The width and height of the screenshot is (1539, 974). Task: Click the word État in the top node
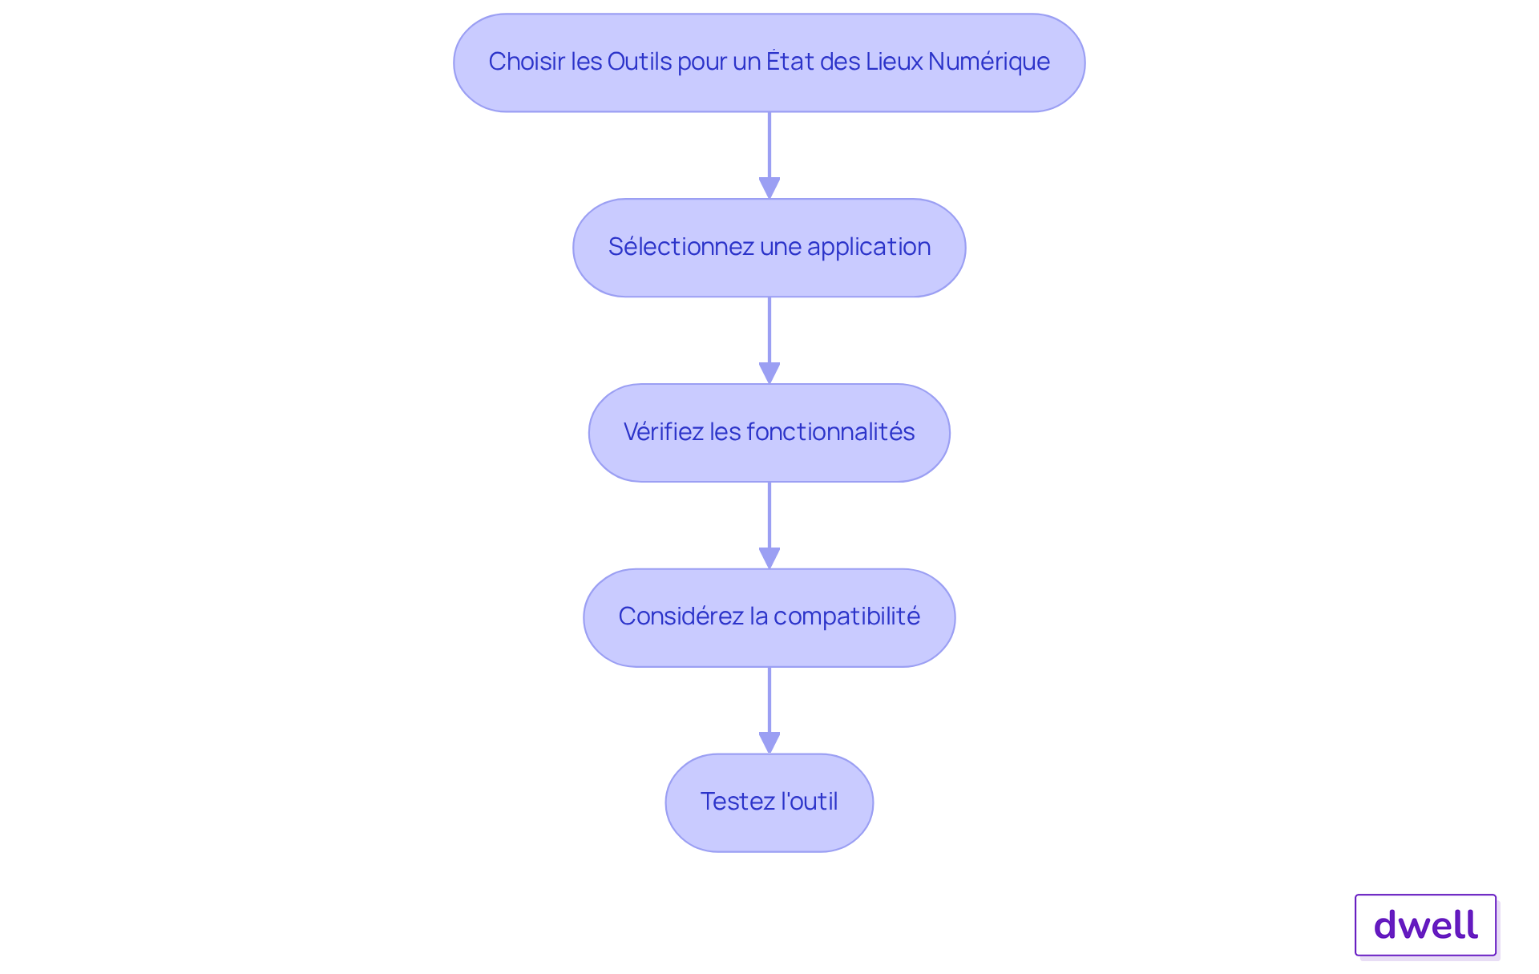(x=790, y=61)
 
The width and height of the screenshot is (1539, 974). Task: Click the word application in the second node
(x=869, y=247)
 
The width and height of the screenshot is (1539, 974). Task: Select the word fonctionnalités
(x=830, y=431)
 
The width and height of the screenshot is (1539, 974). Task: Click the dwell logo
(x=1425, y=925)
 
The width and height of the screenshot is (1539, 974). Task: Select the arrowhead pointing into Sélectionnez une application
(x=769, y=188)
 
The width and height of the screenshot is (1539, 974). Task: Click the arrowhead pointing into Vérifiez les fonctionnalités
(x=769, y=373)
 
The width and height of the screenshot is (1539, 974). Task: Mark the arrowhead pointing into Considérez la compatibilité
(x=769, y=558)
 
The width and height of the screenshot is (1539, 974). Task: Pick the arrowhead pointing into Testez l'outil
(x=769, y=742)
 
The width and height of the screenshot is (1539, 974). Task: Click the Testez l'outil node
(x=769, y=802)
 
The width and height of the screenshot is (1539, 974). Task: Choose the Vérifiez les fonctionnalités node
(x=769, y=433)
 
